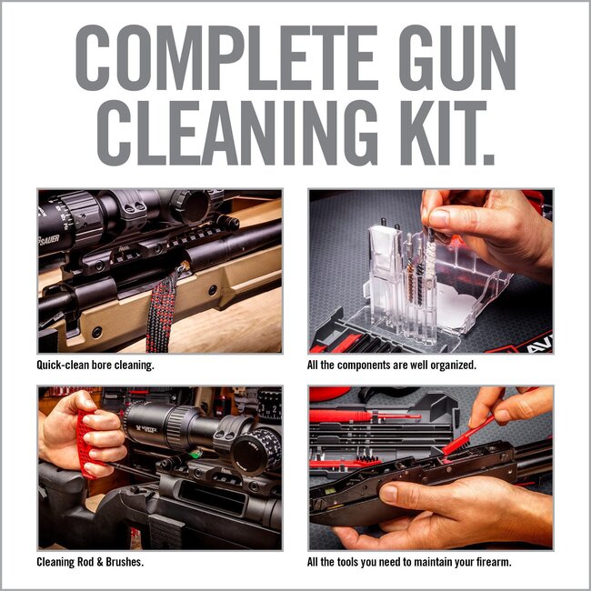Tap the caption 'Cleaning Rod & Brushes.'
[91, 562]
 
